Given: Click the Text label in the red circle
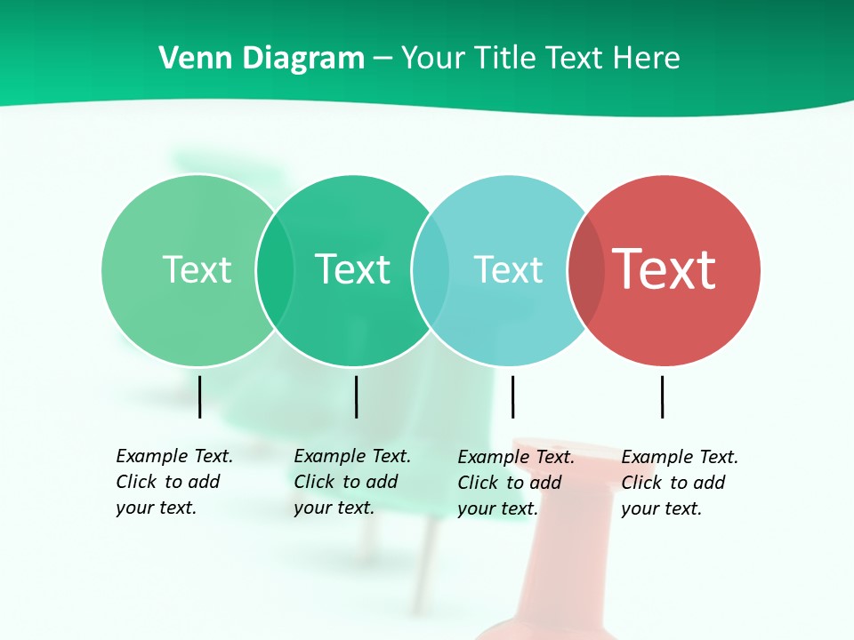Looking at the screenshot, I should tap(665, 269).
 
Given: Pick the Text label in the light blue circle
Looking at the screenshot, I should tap(508, 269).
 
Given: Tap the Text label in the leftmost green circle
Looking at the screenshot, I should tap(197, 269).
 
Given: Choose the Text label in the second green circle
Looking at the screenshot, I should tap(353, 269).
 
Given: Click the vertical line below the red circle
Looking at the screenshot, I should tap(663, 396).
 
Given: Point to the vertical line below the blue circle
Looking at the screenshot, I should tap(513, 396).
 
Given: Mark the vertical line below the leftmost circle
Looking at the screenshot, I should tap(200, 396).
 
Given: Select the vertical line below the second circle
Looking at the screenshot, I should tap(357, 396).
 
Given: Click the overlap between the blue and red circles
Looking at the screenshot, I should tap(586, 270).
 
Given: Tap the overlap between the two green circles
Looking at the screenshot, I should tap(275, 270).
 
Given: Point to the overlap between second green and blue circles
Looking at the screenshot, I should tap(431, 270).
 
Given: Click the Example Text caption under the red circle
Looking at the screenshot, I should tap(680, 483).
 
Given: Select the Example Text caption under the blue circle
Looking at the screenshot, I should tap(516, 483).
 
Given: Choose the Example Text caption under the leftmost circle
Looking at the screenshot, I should tap(174, 482).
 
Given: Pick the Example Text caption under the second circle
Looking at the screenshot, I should tap(352, 482).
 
